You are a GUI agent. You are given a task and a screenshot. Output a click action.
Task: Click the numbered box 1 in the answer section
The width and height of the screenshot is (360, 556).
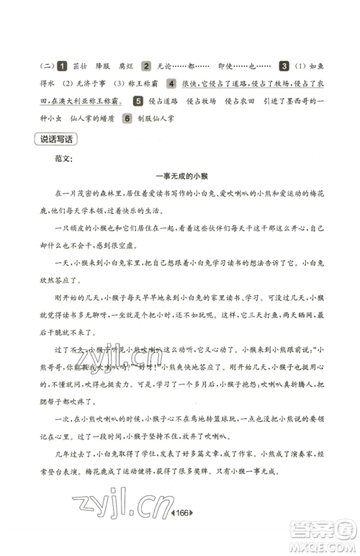63,66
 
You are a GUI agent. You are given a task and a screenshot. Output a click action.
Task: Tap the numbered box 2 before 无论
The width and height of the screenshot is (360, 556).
146,66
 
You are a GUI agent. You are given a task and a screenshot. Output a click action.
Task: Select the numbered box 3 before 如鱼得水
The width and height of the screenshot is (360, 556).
284,66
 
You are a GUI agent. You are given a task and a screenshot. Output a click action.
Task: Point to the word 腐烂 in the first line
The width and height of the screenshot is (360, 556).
123,66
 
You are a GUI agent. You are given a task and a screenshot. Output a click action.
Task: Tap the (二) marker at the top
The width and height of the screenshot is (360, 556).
46,66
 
